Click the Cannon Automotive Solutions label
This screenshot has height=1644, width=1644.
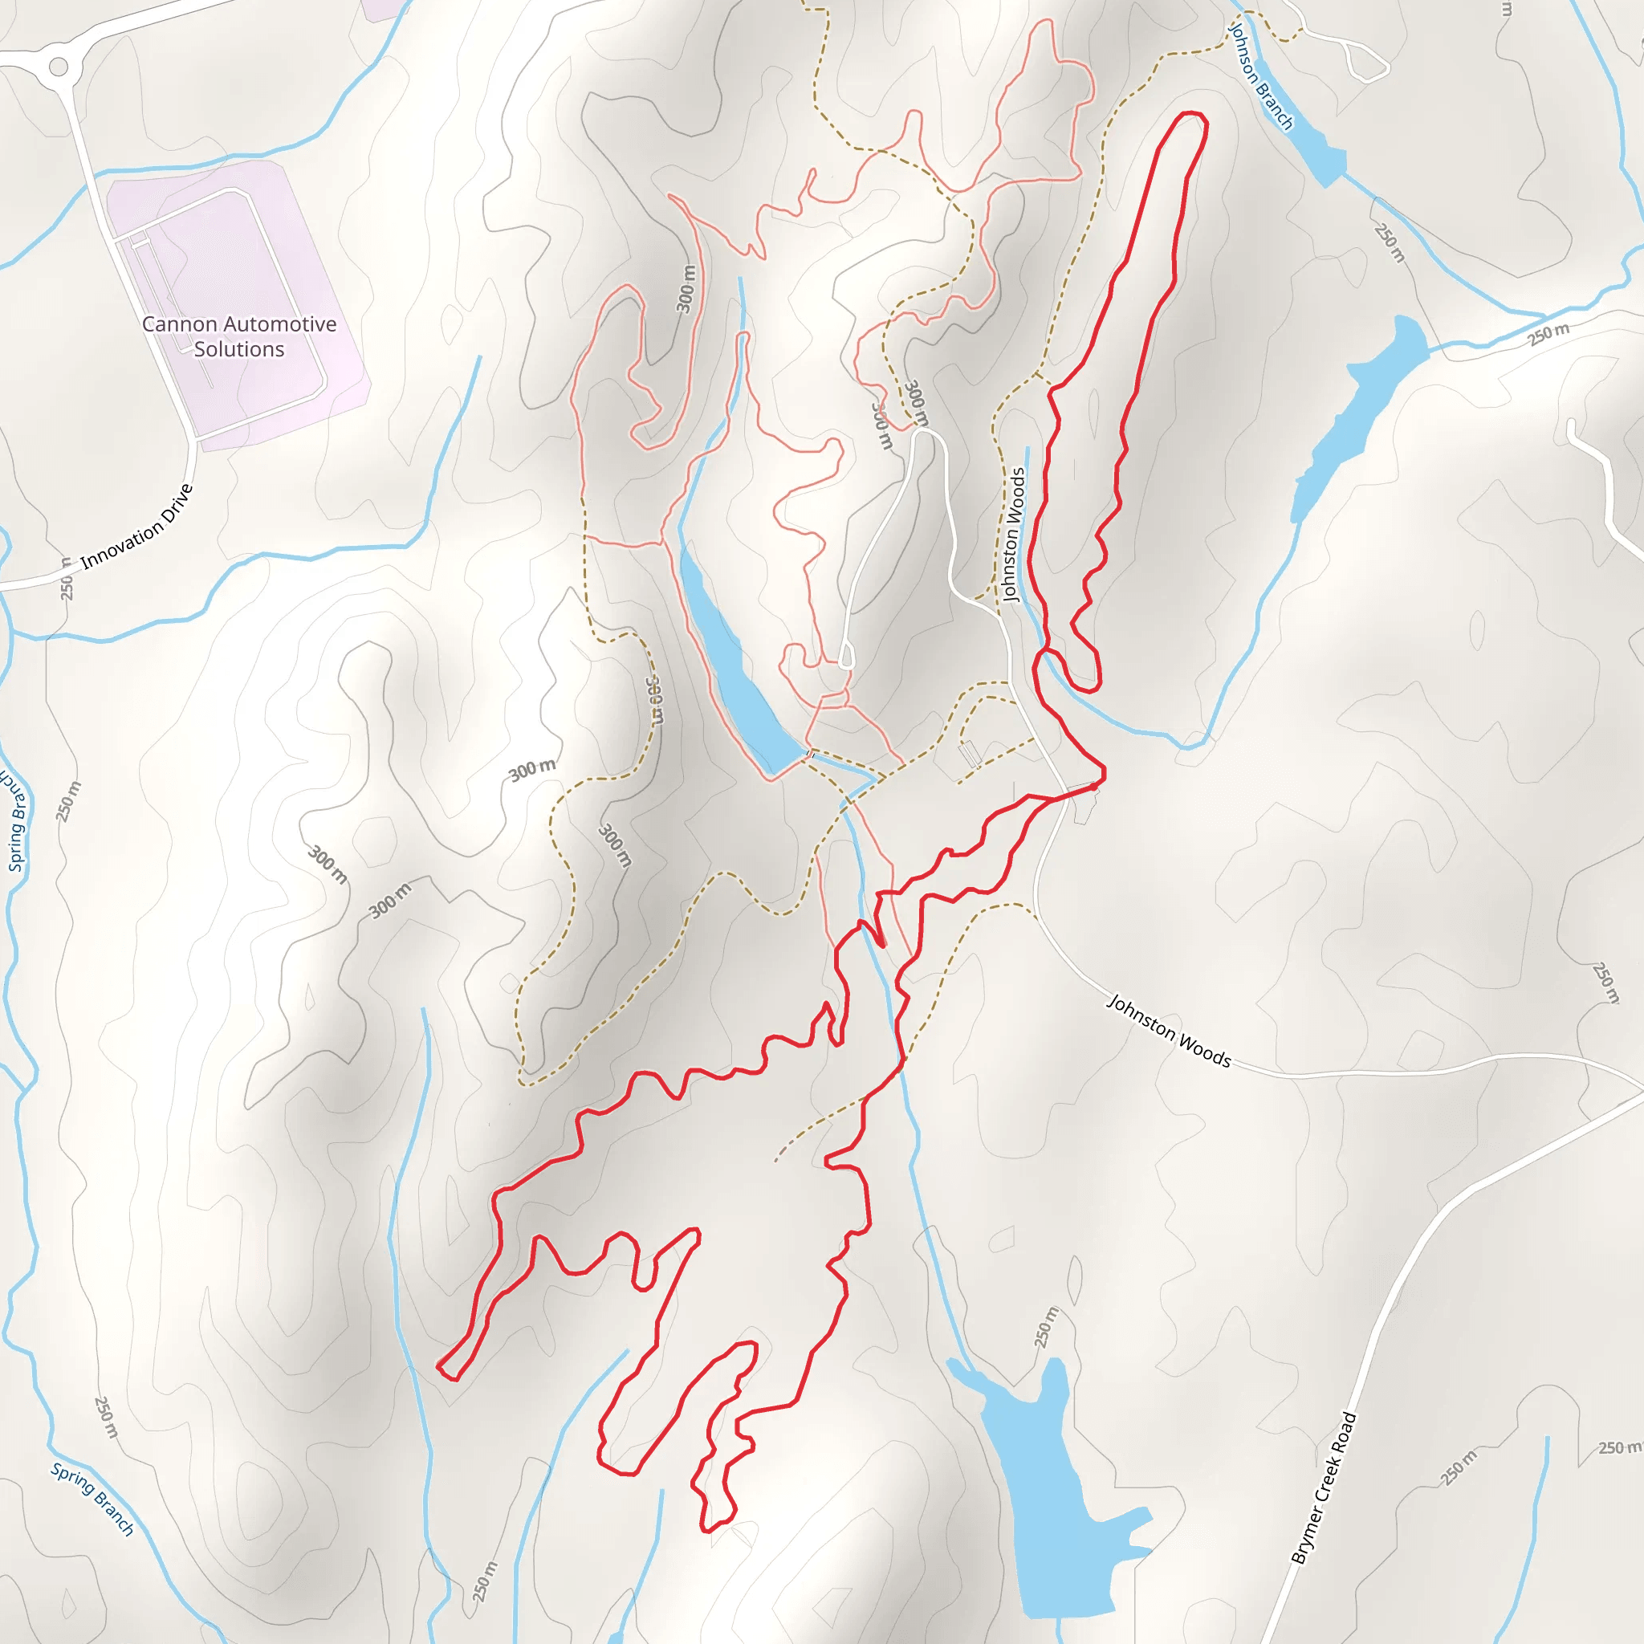239,336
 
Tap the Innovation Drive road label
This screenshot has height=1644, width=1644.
137,527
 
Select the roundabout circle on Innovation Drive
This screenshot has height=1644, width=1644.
58,66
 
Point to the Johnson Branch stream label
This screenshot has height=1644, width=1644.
1260,76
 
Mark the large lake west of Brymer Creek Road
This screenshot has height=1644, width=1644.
1051,1480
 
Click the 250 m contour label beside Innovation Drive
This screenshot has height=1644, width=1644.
67,579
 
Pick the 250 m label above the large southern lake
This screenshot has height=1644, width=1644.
1047,1328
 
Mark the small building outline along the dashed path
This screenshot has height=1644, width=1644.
969,754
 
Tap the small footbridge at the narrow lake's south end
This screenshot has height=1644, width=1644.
809,754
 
